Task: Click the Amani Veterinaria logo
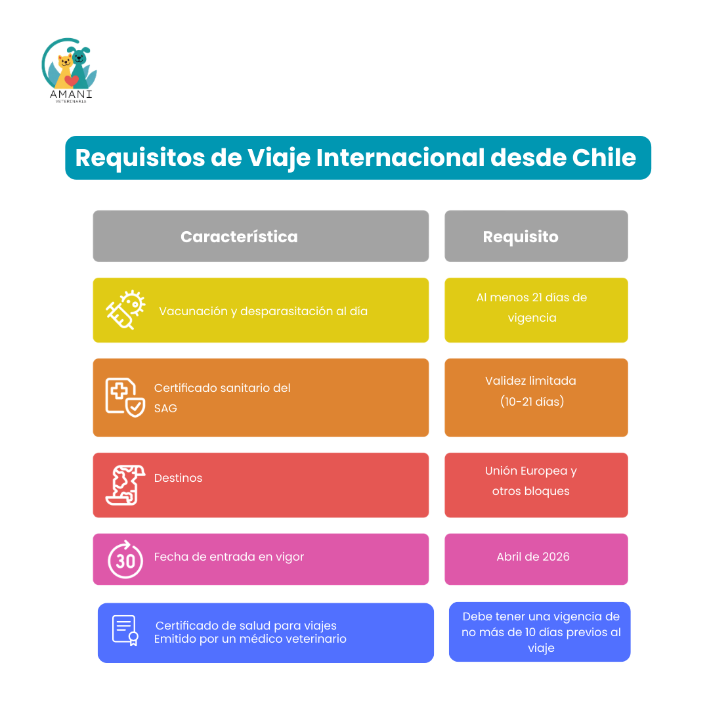tap(70, 70)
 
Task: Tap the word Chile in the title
tap(604, 158)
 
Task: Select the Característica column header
tap(239, 236)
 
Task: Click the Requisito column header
tap(521, 236)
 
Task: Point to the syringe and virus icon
tap(125, 310)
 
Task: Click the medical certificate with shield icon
tap(125, 397)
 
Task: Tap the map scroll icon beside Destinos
tap(125, 484)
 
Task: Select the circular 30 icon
tap(125, 559)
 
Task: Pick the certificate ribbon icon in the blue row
tap(125, 630)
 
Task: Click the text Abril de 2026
tap(533, 557)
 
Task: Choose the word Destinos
tap(178, 478)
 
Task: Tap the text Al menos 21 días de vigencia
tap(532, 307)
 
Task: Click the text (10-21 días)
tap(532, 402)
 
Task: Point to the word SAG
tap(165, 408)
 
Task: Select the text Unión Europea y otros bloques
tap(531, 481)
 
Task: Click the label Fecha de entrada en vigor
tap(229, 557)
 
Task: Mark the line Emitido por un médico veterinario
tap(250, 639)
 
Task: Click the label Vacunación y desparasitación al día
tap(263, 312)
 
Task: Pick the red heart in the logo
tap(72, 81)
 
